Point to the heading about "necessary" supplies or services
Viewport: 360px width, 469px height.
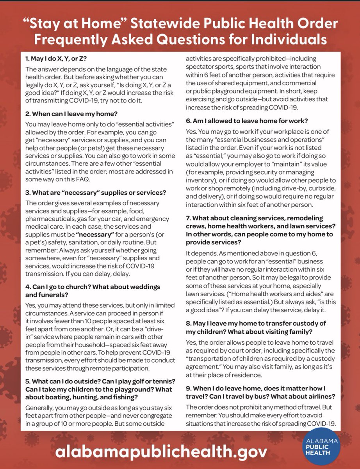pos(96,193)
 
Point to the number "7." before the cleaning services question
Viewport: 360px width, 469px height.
pos(189,218)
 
